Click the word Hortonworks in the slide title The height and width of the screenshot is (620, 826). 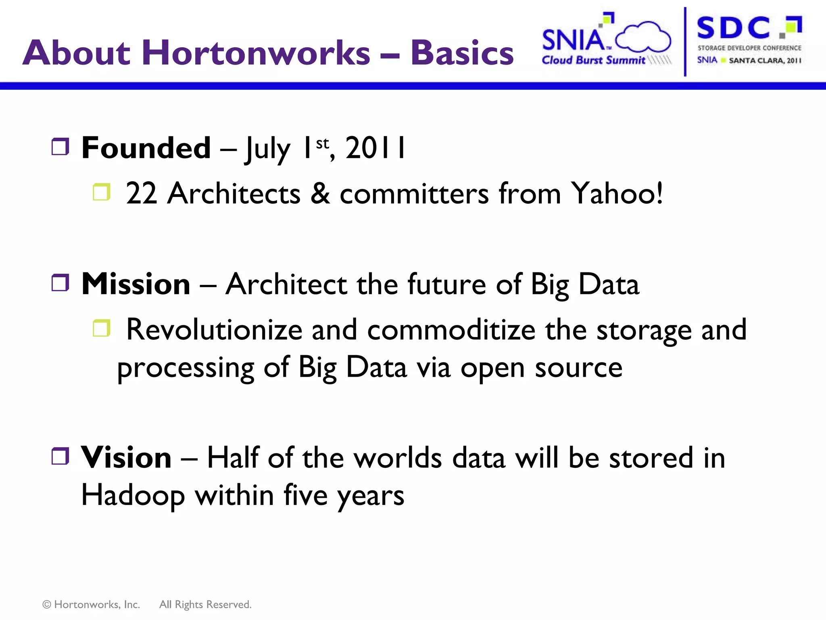[x=256, y=53]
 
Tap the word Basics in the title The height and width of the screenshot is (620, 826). [x=462, y=53]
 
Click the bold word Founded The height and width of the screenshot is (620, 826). [x=146, y=148]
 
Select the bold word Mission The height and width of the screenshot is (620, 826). [x=136, y=284]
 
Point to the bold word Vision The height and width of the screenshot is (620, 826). [x=126, y=458]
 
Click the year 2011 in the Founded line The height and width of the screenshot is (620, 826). [x=375, y=148]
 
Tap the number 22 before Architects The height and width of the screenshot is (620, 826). [x=141, y=193]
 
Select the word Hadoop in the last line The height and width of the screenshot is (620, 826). [x=133, y=495]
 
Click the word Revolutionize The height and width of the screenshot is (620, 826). [x=214, y=330]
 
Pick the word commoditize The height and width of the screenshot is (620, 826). [x=451, y=330]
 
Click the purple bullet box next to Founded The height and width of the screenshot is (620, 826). [x=60, y=147]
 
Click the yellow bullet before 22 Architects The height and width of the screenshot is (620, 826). [x=102, y=192]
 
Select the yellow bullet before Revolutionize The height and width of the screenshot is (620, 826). [x=102, y=328]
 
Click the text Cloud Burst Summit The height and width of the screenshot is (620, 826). [x=593, y=60]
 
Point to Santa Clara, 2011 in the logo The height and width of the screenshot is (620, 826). [x=765, y=61]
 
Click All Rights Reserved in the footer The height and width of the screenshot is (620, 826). [x=205, y=604]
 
